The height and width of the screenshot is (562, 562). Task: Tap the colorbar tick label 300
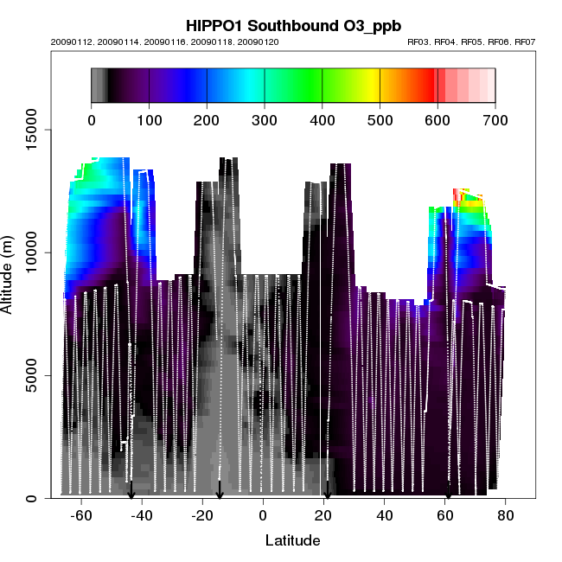tap(265, 118)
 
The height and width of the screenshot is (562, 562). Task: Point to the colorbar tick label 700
tap(495, 118)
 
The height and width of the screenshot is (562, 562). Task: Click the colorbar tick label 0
tap(92, 118)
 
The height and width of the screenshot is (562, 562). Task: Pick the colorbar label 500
tap(380, 118)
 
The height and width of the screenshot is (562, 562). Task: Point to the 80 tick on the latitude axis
tap(506, 516)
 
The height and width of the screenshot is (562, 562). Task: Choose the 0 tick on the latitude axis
tap(263, 516)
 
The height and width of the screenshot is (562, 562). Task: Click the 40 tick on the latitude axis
tap(384, 516)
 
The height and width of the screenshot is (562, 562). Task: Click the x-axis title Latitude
tap(291, 541)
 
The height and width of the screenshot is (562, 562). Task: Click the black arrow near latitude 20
tap(327, 491)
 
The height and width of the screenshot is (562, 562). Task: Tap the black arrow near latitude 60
tap(448, 492)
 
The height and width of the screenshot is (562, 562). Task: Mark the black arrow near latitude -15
tap(220, 490)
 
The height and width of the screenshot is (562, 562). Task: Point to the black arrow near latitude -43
tap(131, 490)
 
